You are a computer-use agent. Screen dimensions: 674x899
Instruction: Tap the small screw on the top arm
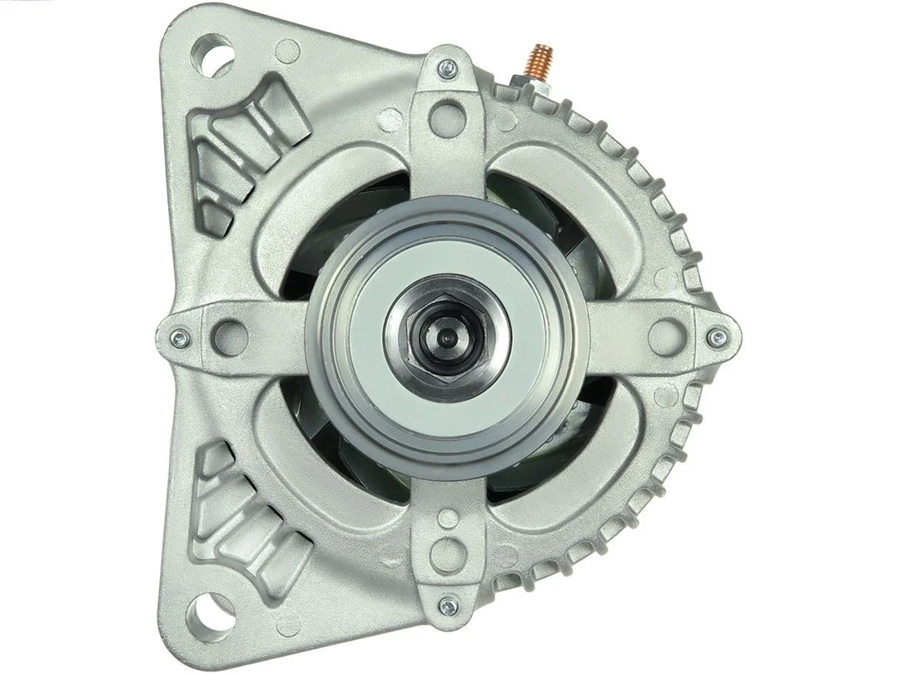(x=449, y=67)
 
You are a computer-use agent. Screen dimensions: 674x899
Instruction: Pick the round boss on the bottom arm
(x=449, y=553)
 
